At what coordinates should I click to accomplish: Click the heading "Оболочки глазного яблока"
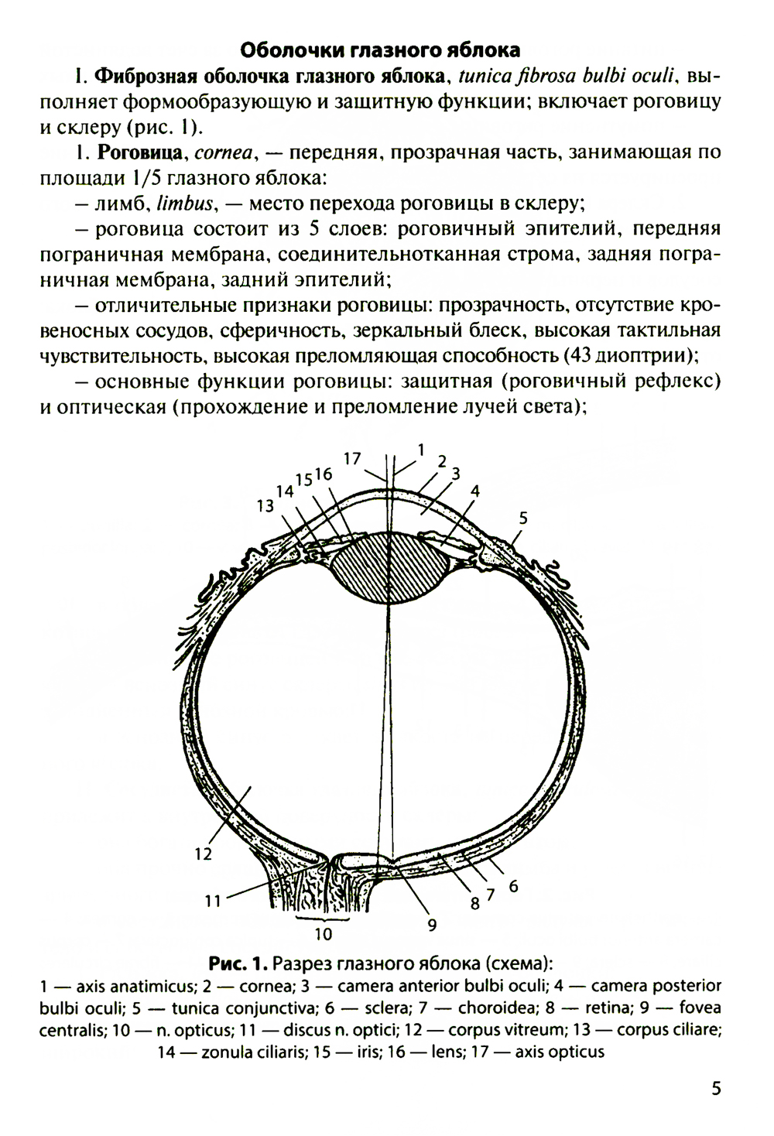coord(379,50)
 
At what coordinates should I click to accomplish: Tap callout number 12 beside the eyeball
coord(203,854)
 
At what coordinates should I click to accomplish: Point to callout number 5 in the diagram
coord(523,518)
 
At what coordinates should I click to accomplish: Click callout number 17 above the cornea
coord(352,458)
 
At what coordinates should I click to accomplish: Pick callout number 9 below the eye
coord(432,926)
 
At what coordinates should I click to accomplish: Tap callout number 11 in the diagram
coord(213,901)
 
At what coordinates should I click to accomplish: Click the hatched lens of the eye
coord(389,568)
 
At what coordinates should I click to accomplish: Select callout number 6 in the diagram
coord(513,886)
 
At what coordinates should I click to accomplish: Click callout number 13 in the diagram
coord(265,505)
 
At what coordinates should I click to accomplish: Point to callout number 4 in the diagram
coord(474,491)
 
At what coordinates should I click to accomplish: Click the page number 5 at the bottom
coord(716,1088)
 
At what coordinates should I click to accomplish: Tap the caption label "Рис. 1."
coord(238,962)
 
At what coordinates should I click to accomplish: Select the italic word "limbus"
coord(185,204)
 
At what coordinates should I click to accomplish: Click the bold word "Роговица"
coord(139,152)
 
